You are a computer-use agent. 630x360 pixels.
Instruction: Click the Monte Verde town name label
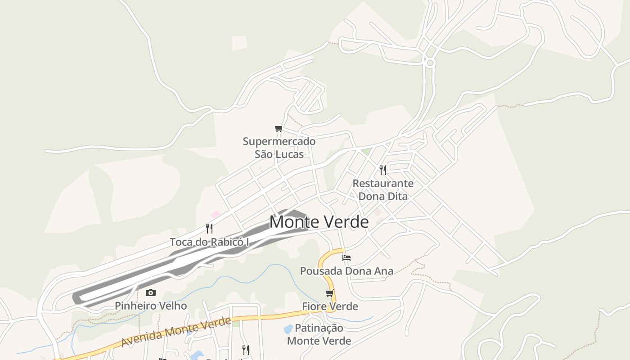pos(319,222)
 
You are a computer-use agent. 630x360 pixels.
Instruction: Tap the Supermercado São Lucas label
pos(279,148)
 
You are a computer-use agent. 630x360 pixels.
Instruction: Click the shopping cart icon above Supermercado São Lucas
pos(279,129)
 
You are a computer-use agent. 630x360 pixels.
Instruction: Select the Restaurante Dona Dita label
pos(383,190)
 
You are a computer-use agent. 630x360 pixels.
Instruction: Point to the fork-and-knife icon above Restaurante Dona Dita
pos(383,170)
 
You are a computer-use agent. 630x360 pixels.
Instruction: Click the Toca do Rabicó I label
pos(209,242)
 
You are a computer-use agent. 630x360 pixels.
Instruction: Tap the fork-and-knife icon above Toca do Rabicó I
pos(209,229)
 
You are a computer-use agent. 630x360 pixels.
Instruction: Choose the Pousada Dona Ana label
pos(346,271)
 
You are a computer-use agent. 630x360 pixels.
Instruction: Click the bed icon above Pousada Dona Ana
pos(346,258)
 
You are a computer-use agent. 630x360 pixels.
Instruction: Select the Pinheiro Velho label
pos(151,306)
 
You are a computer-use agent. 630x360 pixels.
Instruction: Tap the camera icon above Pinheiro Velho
pos(151,293)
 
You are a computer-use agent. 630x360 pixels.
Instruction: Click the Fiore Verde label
pos(330,306)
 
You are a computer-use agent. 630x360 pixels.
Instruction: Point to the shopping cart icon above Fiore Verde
pos(330,293)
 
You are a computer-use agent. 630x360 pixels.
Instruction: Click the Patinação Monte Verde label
pos(319,334)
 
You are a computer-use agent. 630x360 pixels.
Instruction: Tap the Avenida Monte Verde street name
pos(176,332)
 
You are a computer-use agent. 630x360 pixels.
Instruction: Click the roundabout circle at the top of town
pos(430,63)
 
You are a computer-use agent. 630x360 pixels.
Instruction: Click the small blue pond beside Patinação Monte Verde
pos(288,329)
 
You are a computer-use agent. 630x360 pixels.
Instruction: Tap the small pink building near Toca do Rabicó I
pos(216,214)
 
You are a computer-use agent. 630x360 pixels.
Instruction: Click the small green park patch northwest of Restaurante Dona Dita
pos(367,152)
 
